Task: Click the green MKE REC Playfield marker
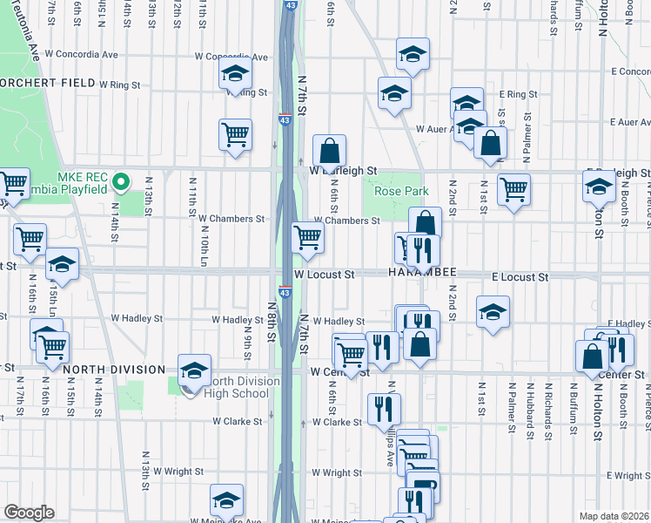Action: pos(122,183)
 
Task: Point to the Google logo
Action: pos(29,513)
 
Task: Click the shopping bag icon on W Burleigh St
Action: pos(330,153)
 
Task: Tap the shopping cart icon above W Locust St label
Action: pos(307,236)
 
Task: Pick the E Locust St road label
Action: pos(520,276)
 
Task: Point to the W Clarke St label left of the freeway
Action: pos(238,421)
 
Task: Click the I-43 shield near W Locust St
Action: pos(285,290)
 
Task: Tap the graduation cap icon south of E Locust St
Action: pos(493,311)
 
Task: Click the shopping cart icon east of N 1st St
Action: pos(513,188)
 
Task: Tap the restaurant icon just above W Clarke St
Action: pos(383,408)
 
